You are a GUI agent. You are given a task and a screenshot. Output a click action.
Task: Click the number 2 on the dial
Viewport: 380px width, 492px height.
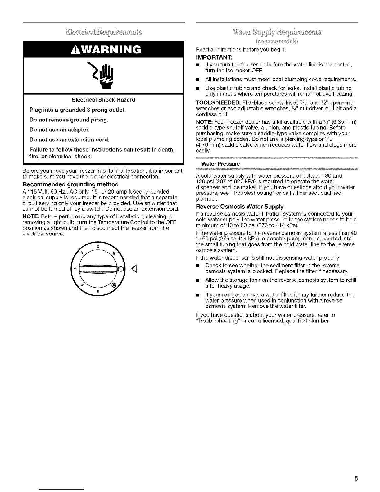point(97,246)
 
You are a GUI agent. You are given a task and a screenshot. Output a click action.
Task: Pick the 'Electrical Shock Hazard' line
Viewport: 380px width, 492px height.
point(103,100)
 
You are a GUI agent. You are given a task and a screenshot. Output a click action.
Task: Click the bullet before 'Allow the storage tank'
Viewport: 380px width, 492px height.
point(198,280)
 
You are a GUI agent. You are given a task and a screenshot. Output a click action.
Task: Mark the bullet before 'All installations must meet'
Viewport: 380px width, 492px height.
point(198,80)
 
